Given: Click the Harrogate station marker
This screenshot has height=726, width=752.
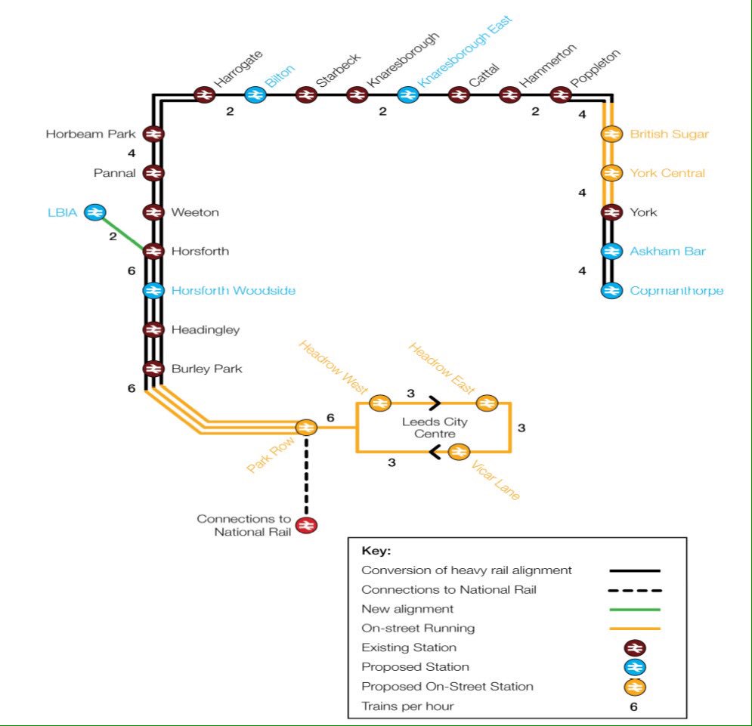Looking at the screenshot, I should [x=203, y=94].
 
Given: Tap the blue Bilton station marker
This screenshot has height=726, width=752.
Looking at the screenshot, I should [x=255, y=94].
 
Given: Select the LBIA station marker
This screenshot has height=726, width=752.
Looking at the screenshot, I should [x=94, y=212].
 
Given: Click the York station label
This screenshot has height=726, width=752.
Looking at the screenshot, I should [x=643, y=212].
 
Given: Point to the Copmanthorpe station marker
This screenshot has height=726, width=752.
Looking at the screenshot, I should [x=611, y=291].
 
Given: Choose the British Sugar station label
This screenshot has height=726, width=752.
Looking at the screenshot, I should [x=669, y=134].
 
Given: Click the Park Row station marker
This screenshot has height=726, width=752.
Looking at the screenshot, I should [x=306, y=428].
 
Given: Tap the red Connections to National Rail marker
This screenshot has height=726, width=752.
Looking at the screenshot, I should [x=306, y=525].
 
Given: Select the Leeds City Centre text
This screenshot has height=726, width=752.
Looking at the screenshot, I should [x=435, y=428].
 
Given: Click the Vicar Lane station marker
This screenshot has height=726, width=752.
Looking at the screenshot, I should [x=459, y=452].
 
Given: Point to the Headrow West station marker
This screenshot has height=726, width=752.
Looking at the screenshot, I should [x=379, y=403].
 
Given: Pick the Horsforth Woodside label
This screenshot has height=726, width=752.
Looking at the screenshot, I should [x=233, y=291].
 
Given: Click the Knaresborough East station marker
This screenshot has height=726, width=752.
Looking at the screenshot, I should [x=407, y=94].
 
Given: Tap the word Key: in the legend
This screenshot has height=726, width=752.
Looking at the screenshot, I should [x=376, y=551].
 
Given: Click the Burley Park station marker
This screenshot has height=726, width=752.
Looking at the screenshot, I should [x=153, y=369].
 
